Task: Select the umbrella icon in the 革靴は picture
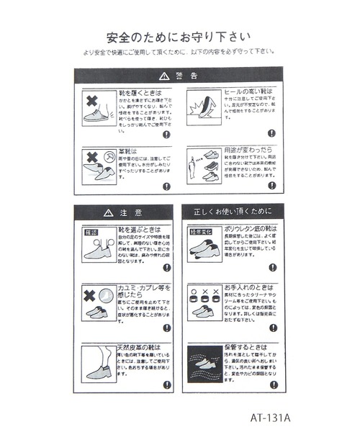[x=108, y=156]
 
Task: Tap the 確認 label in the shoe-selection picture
[x=90, y=233]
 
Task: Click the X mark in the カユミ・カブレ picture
[x=90, y=296]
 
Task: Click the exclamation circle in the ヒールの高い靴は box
[x=272, y=133]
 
